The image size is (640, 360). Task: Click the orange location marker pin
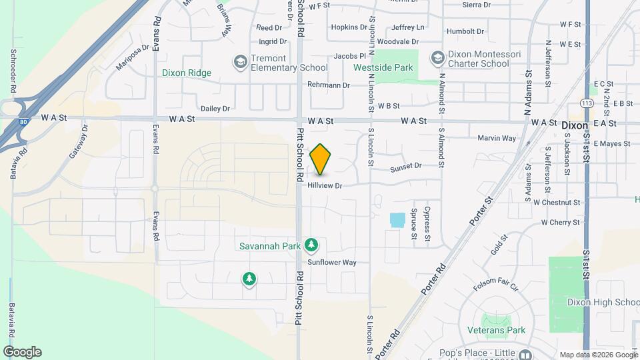(321, 159)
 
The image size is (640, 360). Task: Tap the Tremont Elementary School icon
(239, 62)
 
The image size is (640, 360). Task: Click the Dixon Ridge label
(186, 73)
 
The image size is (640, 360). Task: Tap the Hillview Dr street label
(325, 186)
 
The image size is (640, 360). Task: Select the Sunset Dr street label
(406, 165)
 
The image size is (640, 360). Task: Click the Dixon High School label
(603, 302)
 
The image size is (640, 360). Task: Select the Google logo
(22, 352)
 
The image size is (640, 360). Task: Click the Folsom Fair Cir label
(496, 287)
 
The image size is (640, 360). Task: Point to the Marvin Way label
(497, 138)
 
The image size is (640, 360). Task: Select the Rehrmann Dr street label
(329, 85)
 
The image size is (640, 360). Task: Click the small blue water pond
(397, 219)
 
